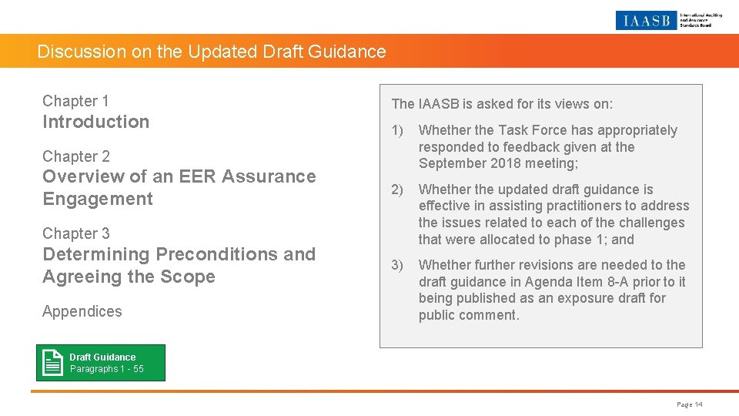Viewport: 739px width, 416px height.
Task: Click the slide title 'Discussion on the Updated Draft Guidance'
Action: pyautogui.click(x=212, y=52)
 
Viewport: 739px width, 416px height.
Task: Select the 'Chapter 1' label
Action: pyautogui.click(x=75, y=101)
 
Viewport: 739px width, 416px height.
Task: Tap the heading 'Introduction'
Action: pyautogui.click(x=95, y=122)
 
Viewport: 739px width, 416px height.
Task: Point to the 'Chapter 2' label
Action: pyautogui.click(x=76, y=156)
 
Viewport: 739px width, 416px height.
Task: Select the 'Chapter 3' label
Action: pyautogui.click(x=76, y=233)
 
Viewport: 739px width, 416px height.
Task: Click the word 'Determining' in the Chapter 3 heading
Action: pyautogui.click(x=95, y=254)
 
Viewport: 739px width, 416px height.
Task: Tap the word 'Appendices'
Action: pyautogui.click(x=82, y=311)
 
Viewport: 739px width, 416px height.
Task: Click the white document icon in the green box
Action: pyautogui.click(x=53, y=363)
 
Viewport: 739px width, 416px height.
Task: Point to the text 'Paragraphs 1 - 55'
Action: pyautogui.click(x=106, y=369)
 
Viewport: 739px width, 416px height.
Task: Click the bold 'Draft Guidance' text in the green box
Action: pyautogui.click(x=102, y=357)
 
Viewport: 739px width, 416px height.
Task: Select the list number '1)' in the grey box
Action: pyautogui.click(x=397, y=130)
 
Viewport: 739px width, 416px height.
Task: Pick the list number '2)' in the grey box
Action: pyautogui.click(x=397, y=190)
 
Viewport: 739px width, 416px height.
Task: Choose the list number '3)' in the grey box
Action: pyautogui.click(x=397, y=265)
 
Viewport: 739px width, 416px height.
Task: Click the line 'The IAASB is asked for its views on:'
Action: pyautogui.click(x=502, y=104)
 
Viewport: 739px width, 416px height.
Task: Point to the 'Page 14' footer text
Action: pyautogui.click(x=690, y=404)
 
